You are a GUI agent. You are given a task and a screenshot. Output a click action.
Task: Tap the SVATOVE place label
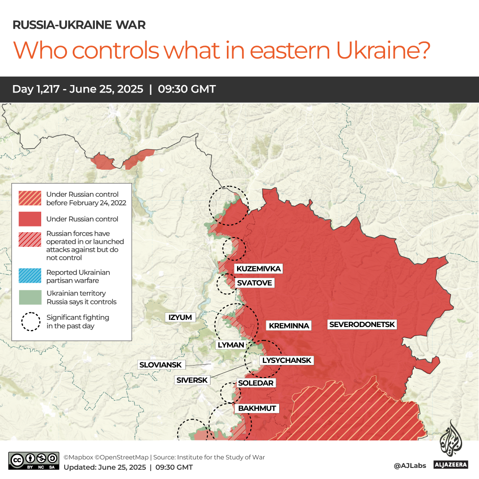(254, 283)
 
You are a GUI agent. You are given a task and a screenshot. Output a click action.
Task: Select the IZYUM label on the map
(180, 317)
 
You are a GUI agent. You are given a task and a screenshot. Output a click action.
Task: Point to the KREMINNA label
(289, 326)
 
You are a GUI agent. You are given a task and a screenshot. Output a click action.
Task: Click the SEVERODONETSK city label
(362, 324)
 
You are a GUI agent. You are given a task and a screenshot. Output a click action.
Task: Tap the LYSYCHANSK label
(287, 360)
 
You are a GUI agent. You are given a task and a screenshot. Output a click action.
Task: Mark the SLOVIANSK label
(160, 365)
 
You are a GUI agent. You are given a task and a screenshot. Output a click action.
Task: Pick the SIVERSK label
(192, 380)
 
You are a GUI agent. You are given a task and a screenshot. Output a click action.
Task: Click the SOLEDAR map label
(256, 383)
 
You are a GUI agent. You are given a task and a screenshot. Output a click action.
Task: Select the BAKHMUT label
(257, 408)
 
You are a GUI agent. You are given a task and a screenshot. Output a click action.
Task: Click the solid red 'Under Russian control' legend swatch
(29, 219)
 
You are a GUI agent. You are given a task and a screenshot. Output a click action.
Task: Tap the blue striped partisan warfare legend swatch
(29, 276)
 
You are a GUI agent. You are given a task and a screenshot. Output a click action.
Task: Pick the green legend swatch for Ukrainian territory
(29, 297)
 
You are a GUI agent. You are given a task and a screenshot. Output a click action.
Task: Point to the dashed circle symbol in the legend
(30, 322)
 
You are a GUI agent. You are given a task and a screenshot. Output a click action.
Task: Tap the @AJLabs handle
(410, 466)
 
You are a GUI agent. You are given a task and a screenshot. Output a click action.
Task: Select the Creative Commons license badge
(34, 460)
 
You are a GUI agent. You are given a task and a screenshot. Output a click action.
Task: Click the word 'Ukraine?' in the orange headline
(383, 50)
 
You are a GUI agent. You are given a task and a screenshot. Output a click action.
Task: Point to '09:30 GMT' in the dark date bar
(187, 89)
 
